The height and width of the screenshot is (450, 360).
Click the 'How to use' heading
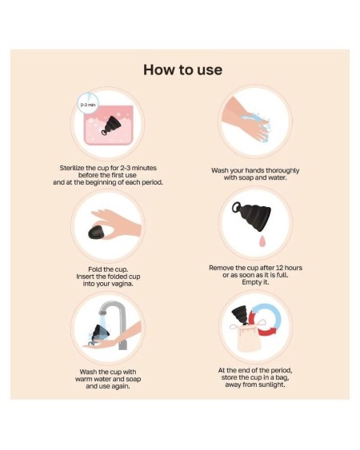(x=182, y=70)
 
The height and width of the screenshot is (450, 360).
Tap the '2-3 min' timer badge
(x=87, y=105)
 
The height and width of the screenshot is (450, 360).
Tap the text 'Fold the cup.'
(x=109, y=269)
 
